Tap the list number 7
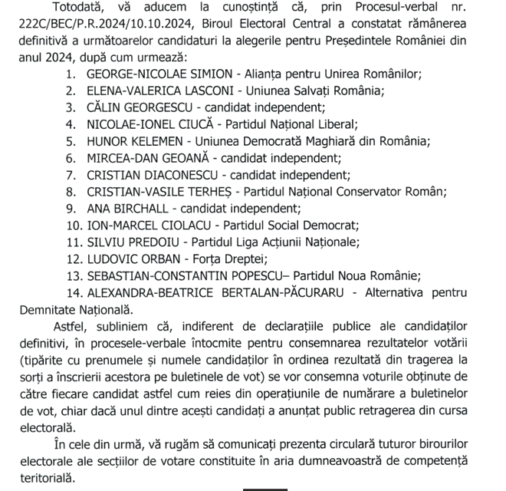coord(70,175)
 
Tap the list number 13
coord(73,275)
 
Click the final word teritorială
coord(48,477)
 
